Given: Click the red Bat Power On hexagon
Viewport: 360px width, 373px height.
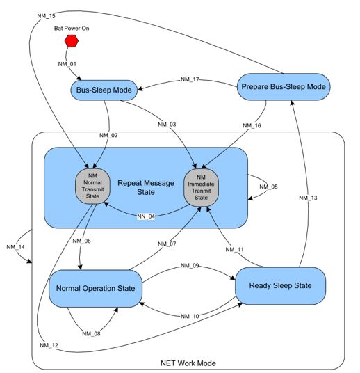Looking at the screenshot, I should pos(71,42).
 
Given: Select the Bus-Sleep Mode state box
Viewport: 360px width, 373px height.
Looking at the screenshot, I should pos(102,90).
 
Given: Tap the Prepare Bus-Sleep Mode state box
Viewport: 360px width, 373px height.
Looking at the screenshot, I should pos(284,87).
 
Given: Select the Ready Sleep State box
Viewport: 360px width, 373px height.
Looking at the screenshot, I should pos(279,285).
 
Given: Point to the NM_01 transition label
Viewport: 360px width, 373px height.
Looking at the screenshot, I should pos(67,64).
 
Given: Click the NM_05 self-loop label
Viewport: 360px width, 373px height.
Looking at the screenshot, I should pos(268,186).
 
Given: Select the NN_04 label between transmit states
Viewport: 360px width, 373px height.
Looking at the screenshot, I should pos(146,216).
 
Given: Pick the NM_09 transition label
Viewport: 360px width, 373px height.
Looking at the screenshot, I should pos(190,266).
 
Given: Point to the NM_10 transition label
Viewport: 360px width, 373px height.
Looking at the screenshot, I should pos(190,317).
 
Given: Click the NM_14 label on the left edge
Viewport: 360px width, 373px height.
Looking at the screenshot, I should pos(17,246).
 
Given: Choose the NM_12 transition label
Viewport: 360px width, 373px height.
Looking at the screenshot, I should pos(49,346).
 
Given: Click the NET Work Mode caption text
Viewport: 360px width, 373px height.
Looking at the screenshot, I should pos(188,363).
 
